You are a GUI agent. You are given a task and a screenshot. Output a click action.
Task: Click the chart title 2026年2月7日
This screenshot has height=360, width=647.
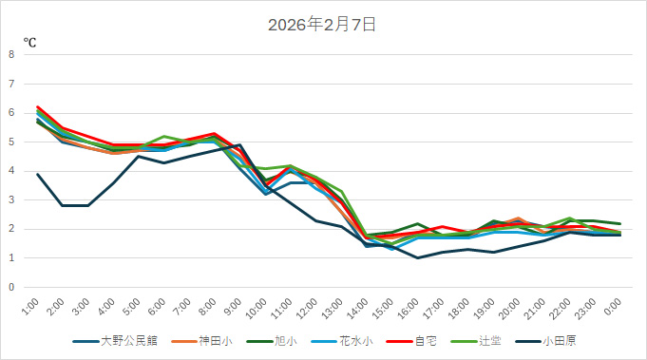323,25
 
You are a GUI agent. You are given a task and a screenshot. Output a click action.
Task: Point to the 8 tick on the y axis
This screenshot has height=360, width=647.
11,54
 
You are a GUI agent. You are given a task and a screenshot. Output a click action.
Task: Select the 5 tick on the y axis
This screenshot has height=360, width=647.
11,142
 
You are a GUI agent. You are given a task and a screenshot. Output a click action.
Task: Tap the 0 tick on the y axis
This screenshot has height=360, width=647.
11,287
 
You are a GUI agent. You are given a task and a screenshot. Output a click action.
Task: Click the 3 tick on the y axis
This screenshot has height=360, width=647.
11,199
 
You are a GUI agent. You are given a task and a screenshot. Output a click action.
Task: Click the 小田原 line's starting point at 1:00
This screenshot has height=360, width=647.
37,174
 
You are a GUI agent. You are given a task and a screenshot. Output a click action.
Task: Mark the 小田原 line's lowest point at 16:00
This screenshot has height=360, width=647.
417,257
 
